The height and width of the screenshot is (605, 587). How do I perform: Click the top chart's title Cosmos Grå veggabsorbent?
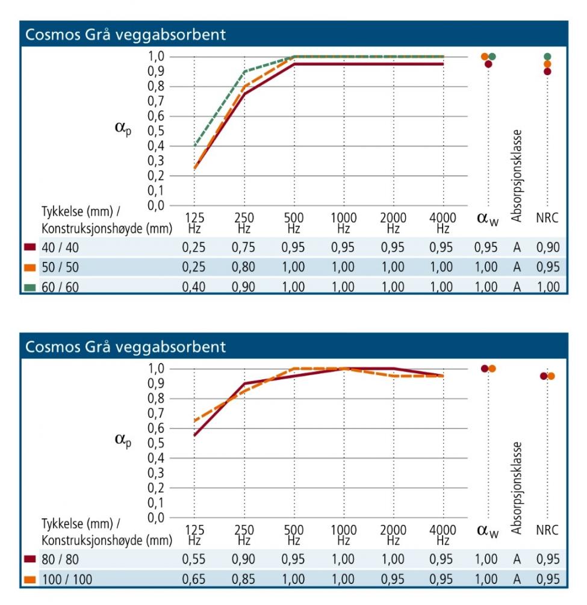tap(125, 34)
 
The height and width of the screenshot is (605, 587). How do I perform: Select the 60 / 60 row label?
tap(60, 287)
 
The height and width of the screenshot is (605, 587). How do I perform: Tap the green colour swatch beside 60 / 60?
tap(30, 287)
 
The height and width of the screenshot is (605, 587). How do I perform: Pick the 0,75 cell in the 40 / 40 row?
tap(243, 247)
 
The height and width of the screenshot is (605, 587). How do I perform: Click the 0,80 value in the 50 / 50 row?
tap(243, 267)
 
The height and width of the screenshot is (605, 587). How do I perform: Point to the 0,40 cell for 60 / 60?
tap(194, 287)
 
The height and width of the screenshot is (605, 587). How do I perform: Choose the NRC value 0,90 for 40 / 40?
tap(547, 247)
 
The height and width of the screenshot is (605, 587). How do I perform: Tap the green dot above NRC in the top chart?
tap(547, 57)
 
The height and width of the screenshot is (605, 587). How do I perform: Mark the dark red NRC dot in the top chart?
tap(547, 71)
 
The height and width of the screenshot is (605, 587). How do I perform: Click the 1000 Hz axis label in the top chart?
tap(343, 222)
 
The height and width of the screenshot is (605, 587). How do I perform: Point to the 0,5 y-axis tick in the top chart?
tap(157, 131)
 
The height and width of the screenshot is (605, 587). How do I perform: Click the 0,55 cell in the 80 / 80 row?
tap(194, 559)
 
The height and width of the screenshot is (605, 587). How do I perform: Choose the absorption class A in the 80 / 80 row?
tap(517, 559)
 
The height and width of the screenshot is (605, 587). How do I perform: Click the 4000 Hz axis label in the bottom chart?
tap(443, 535)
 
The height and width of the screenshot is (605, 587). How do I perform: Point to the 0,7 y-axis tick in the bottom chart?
tap(157, 413)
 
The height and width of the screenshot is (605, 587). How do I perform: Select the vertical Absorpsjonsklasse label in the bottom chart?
tap(517, 488)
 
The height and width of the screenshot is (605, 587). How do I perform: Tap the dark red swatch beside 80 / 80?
tap(30, 559)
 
